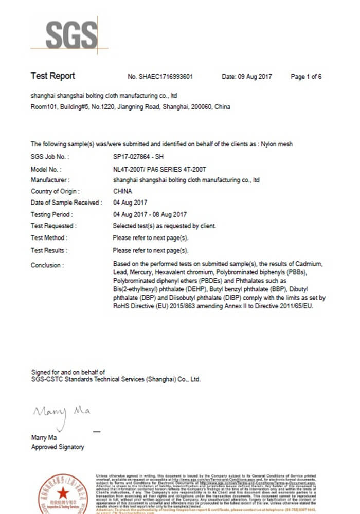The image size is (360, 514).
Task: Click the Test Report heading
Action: [52, 76]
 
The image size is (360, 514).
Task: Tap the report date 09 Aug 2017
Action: [247, 77]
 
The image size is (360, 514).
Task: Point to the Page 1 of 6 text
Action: [306, 77]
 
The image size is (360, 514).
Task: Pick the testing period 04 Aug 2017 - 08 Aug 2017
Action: [150, 214]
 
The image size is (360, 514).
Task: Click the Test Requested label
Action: [53, 226]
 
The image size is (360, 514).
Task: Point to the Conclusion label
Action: [47, 265]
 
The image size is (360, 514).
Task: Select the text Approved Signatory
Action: [58, 447]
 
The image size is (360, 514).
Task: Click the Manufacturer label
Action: [50, 180]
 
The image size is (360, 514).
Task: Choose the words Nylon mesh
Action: [277, 144]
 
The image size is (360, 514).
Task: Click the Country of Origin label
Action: [53, 191]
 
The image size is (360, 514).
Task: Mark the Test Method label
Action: [48, 238]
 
